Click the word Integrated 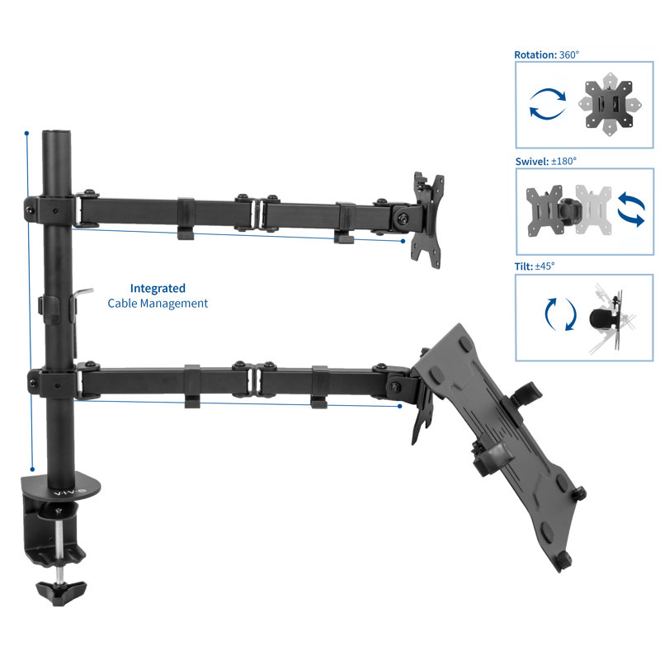[x=158, y=288]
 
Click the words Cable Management [x=158, y=304]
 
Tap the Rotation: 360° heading [x=546, y=54]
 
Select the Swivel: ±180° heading [x=546, y=161]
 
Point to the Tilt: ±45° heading [x=535, y=266]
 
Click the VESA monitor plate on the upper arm [x=427, y=219]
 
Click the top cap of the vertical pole [x=56, y=134]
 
